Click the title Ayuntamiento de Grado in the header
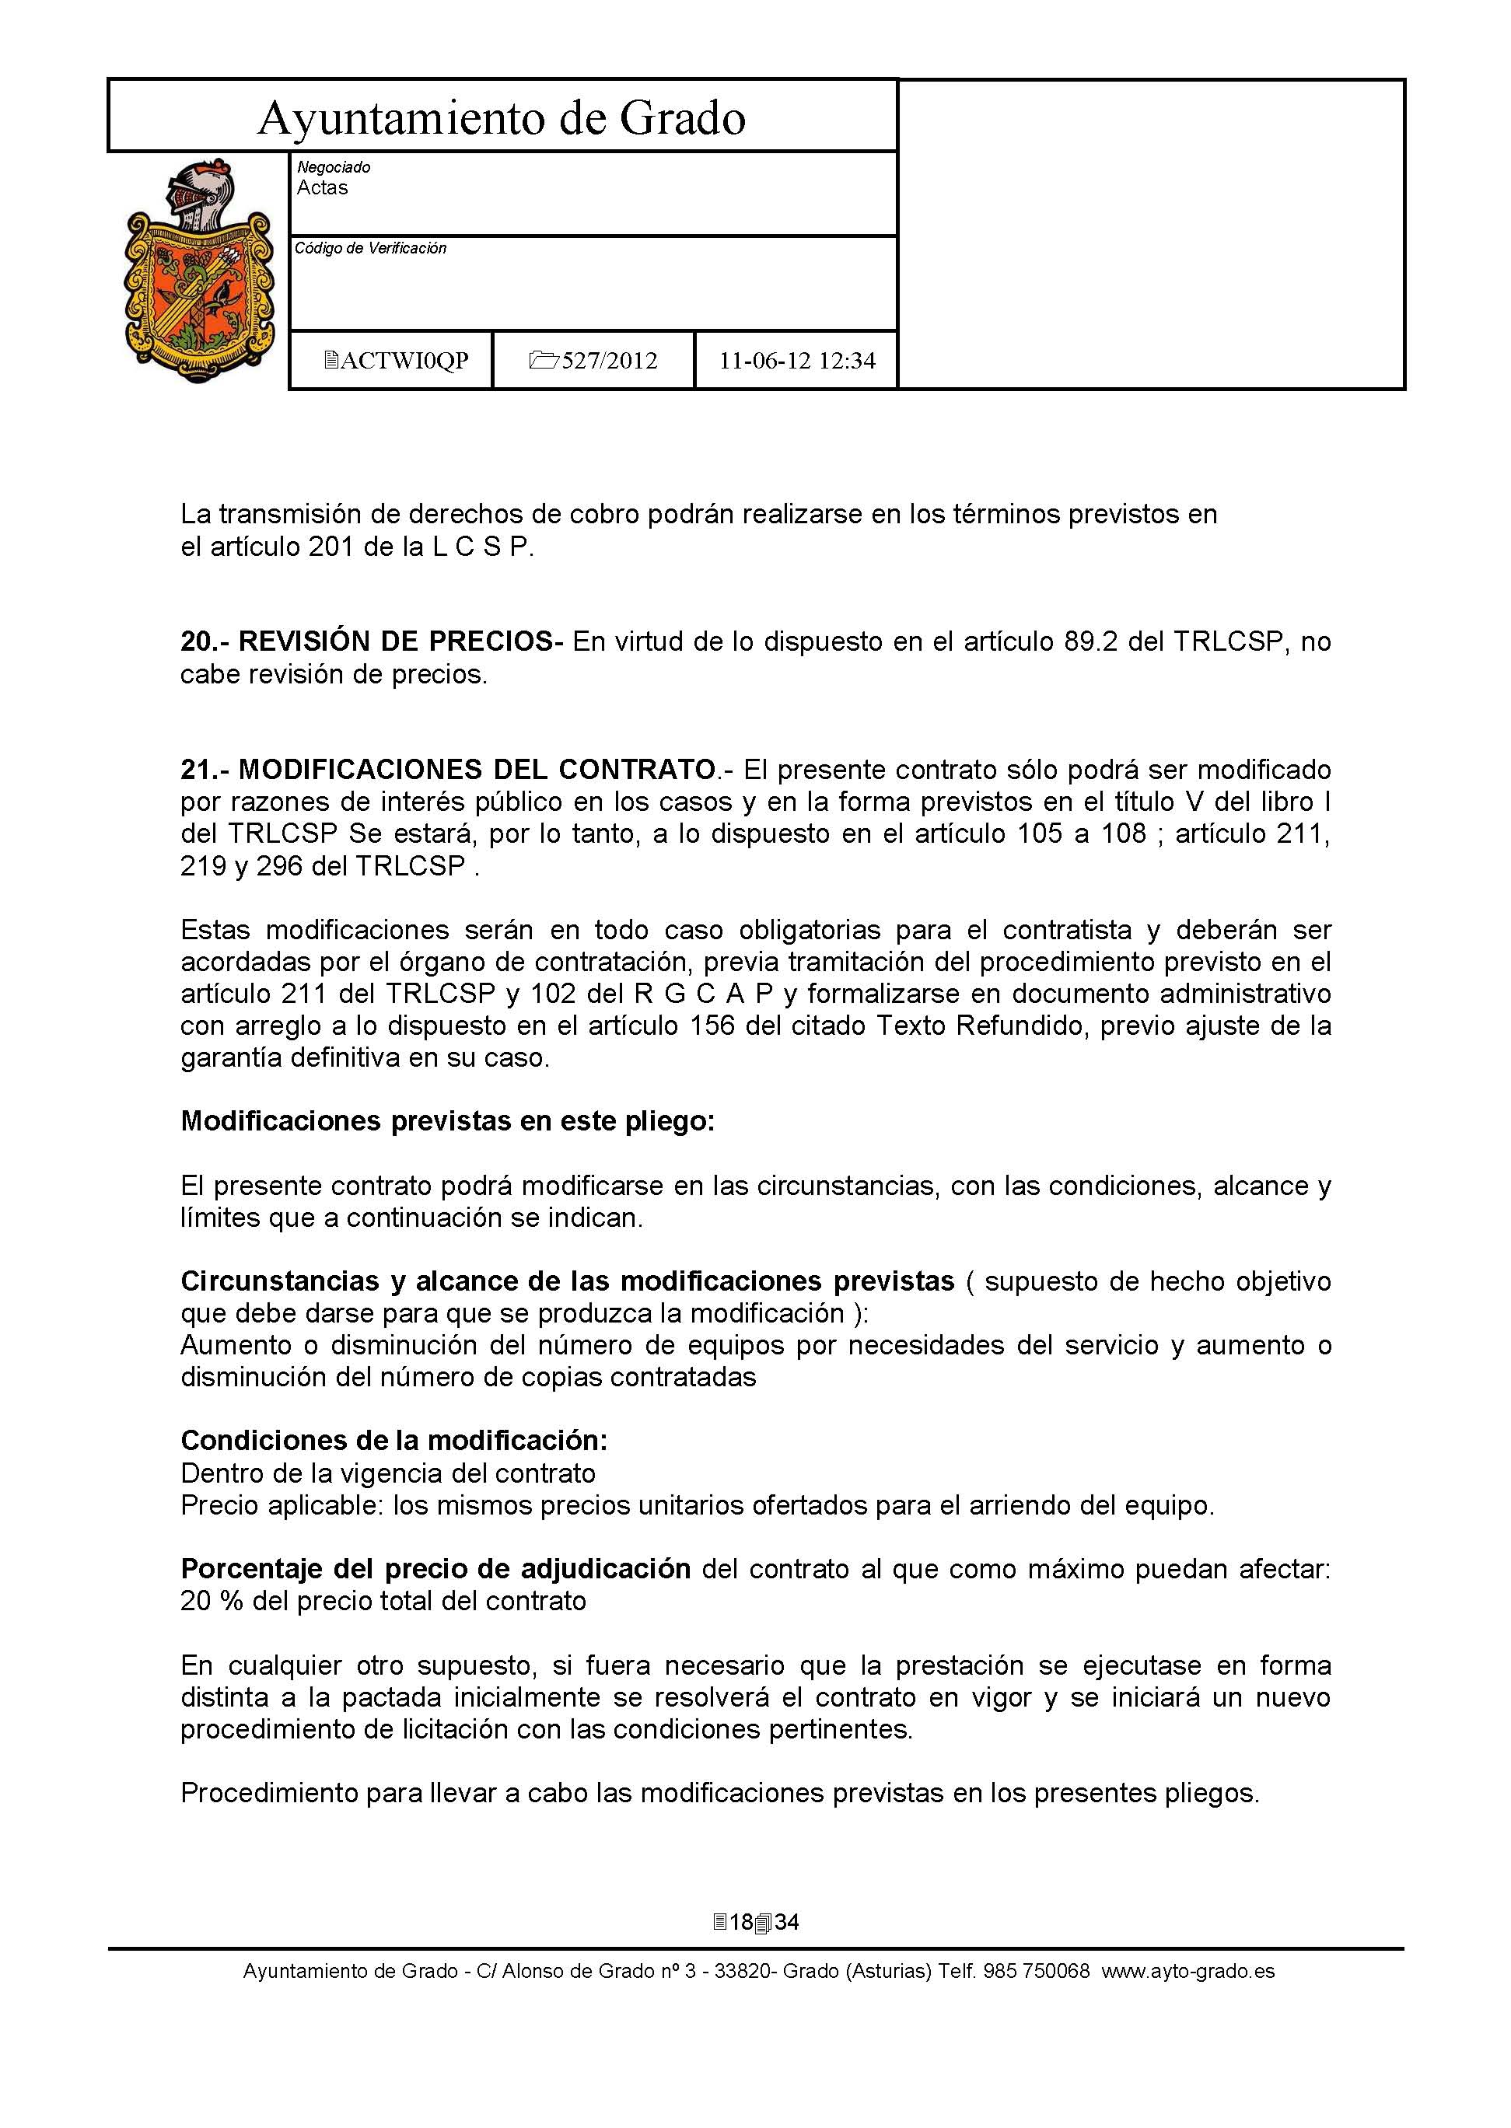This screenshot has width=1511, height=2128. point(502,118)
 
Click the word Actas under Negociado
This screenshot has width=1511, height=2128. point(322,188)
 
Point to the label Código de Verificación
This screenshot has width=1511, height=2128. point(370,248)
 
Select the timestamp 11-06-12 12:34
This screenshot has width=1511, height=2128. point(796,361)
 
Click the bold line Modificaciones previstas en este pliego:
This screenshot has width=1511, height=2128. point(447,1122)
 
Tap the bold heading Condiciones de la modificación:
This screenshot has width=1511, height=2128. point(393,1441)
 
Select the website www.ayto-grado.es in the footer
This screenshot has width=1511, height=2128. point(1188,1971)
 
